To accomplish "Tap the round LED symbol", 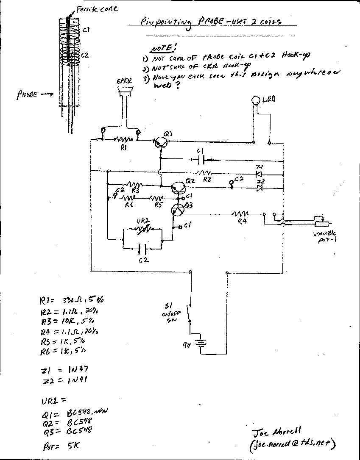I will coord(255,100).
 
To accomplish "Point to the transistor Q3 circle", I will coord(178,209).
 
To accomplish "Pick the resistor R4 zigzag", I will coord(241,213).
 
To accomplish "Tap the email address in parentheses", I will coord(293,443).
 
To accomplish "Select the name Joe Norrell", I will coord(276,432).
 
